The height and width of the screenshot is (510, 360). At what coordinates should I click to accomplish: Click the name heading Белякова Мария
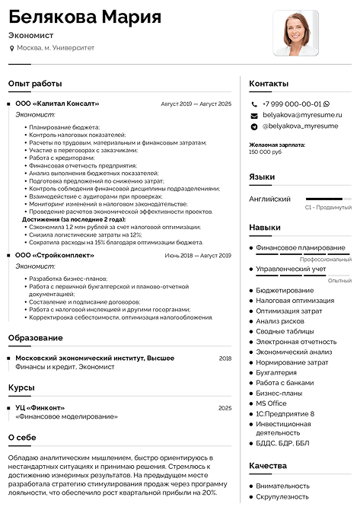pyautogui.click(x=84, y=17)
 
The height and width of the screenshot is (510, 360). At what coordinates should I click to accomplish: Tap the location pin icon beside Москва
pyautogui.click(x=11, y=48)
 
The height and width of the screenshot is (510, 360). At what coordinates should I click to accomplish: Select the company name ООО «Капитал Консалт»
pyautogui.click(x=57, y=103)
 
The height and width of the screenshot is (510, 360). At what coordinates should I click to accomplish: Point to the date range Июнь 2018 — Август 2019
pyautogui.click(x=197, y=256)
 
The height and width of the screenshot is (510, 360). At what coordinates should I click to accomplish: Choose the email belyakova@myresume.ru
pyautogui.click(x=302, y=114)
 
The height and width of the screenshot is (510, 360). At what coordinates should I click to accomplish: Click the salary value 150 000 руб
pyautogui.click(x=265, y=151)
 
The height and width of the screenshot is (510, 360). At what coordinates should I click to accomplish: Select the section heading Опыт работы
pyautogui.click(x=35, y=83)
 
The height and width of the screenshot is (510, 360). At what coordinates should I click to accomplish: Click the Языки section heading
pyautogui.click(x=262, y=177)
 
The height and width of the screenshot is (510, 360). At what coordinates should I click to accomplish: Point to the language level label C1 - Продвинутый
pyautogui.click(x=328, y=206)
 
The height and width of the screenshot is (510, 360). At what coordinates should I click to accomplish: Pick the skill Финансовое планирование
pyautogui.click(x=301, y=247)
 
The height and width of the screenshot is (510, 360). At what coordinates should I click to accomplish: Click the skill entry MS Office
pyautogui.click(x=271, y=403)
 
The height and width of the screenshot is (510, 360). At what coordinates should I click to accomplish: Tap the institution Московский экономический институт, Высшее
pyautogui.click(x=95, y=358)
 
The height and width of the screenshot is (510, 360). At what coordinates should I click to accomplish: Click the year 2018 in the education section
pyautogui.click(x=225, y=358)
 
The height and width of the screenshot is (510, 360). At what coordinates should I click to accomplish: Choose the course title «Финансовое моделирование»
pyautogui.click(x=66, y=416)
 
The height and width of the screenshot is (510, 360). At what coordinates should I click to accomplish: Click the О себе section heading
pyautogui.click(x=22, y=438)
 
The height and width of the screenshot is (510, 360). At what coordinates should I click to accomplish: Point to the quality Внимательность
pyautogui.click(x=283, y=485)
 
